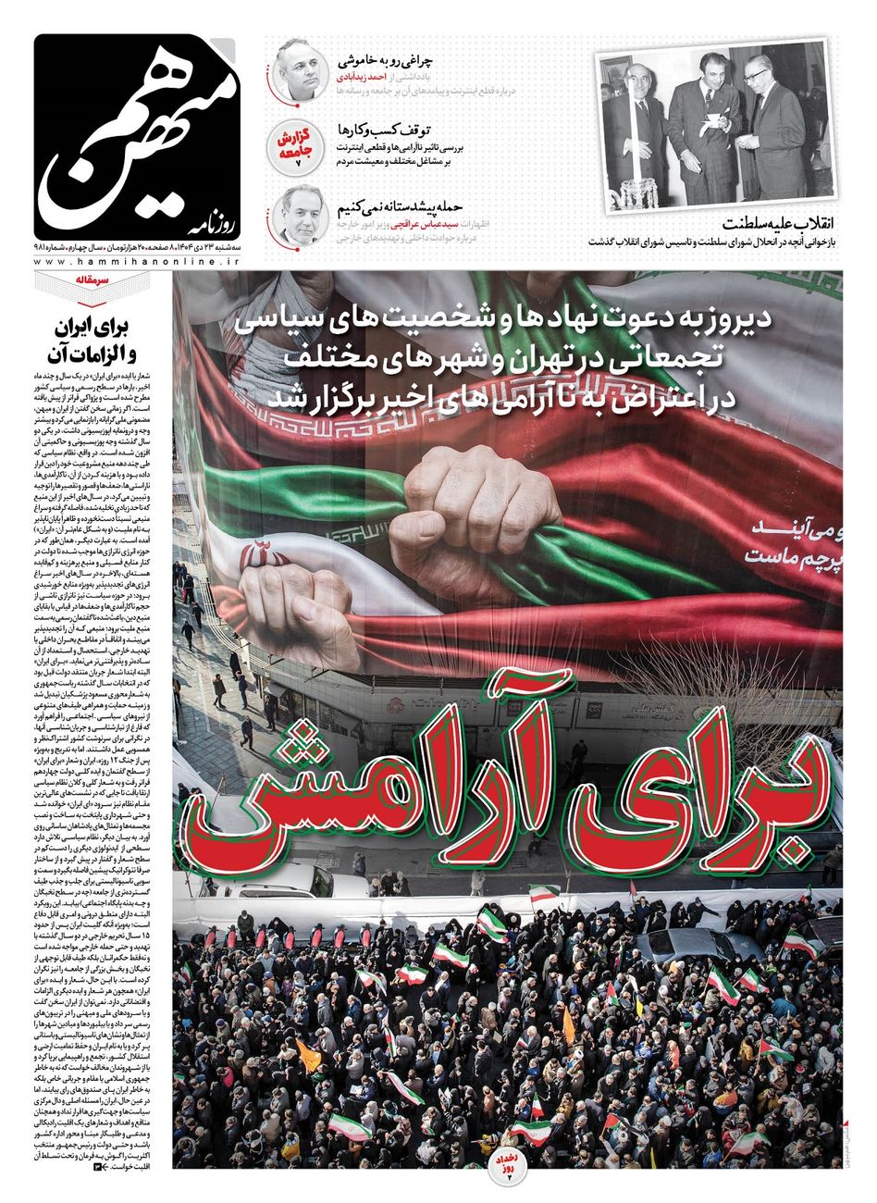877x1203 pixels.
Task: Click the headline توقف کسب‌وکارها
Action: click(x=396, y=130)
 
